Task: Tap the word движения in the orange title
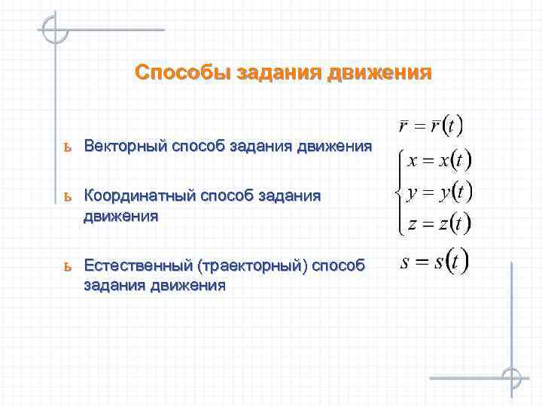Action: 381,72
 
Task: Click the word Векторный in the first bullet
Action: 126,145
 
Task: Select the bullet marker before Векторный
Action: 67,146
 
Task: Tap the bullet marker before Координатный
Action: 67,197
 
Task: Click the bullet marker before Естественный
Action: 67,266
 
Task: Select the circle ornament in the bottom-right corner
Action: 512,377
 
